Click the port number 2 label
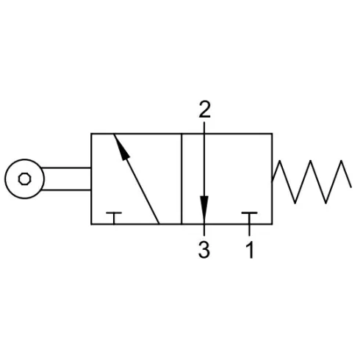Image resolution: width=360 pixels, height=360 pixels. tap(205, 109)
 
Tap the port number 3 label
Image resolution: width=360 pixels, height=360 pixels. tap(204, 250)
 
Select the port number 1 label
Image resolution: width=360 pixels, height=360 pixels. tap(250, 250)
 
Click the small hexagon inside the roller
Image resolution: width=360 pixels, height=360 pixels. tap(24, 179)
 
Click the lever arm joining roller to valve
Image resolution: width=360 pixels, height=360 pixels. tap(67, 179)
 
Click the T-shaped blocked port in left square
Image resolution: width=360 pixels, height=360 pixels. tap(114, 217)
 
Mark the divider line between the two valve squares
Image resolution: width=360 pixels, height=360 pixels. tap(181, 179)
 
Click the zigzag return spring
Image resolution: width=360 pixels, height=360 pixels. tap(312, 181)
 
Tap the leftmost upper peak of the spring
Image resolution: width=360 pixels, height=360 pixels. tap(280, 161)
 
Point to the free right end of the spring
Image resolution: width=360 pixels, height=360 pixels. tap(351, 187)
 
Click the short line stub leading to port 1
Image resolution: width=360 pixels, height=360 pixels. tap(249, 230)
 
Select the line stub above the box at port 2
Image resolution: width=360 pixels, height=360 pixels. tap(204, 128)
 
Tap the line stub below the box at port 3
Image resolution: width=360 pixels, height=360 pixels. tap(204, 230)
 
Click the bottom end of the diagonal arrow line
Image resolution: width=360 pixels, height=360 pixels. tap(159, 223)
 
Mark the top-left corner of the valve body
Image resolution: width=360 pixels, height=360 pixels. tap(91, 134)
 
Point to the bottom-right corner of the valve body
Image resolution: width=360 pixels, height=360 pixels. tap(272, 224)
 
